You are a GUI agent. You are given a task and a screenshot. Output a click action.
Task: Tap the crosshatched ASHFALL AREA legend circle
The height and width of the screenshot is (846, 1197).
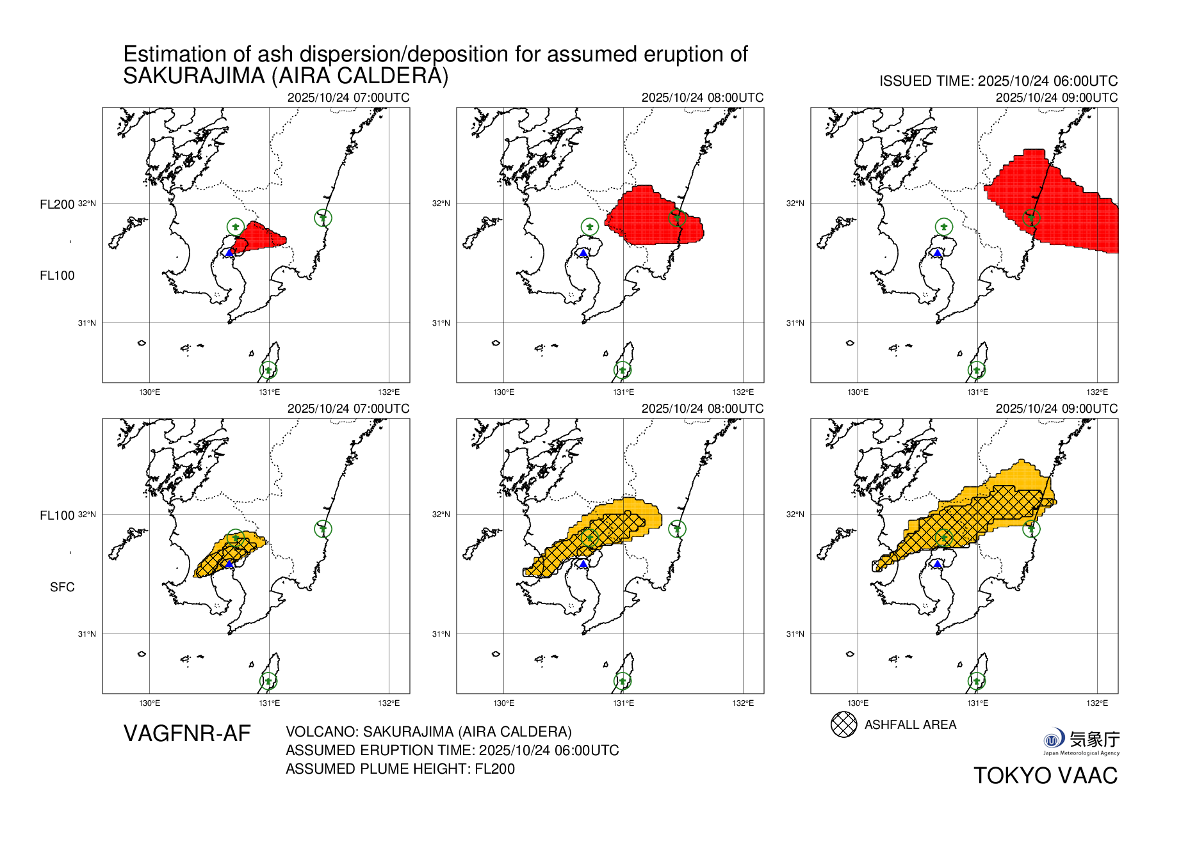click(x=843, y=724)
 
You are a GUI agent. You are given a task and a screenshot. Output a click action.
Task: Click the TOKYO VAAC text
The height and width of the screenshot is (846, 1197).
click(x=1045, y=776)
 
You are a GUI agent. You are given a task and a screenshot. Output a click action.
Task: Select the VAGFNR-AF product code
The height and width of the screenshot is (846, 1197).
click(x=187, y=733)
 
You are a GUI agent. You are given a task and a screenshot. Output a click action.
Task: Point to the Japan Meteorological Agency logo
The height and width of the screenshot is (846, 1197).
click(x=1081, y=742)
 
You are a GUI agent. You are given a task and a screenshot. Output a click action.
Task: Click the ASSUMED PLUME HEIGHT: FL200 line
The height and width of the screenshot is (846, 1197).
click(x=400, y=769)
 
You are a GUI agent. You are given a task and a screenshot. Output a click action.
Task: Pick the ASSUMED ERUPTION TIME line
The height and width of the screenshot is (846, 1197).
click(x=452, y=750)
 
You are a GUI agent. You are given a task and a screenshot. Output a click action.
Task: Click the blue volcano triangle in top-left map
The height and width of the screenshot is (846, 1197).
click(x=229, y=253)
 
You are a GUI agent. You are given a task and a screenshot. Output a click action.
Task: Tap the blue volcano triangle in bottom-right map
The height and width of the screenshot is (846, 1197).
click(x=938, y=564)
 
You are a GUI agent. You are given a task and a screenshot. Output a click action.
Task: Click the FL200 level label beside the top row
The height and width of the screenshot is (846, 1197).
click(x=57, y=205)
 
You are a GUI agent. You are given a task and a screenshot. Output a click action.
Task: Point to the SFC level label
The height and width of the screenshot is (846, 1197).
click(x=62, y=587)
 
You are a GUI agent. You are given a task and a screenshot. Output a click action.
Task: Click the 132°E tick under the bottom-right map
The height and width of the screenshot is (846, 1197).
click(x=1096, y=703)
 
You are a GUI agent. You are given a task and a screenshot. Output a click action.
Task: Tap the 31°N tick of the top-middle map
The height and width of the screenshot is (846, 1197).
click(x=441, y=323)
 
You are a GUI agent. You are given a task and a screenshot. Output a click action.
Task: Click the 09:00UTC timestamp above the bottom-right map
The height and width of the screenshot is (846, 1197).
click(x=1056, y=408)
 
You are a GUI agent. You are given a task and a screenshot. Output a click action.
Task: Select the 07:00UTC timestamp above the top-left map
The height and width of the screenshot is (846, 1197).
click(x=348, y=97)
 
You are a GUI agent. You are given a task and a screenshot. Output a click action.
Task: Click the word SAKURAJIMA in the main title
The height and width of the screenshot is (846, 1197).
click(x=194, y=76)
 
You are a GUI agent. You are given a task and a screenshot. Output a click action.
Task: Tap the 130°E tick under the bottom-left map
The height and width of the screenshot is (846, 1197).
click(x=149, y=703)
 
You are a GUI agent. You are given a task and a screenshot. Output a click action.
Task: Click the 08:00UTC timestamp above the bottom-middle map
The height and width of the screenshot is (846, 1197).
click(x=702, y=408)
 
